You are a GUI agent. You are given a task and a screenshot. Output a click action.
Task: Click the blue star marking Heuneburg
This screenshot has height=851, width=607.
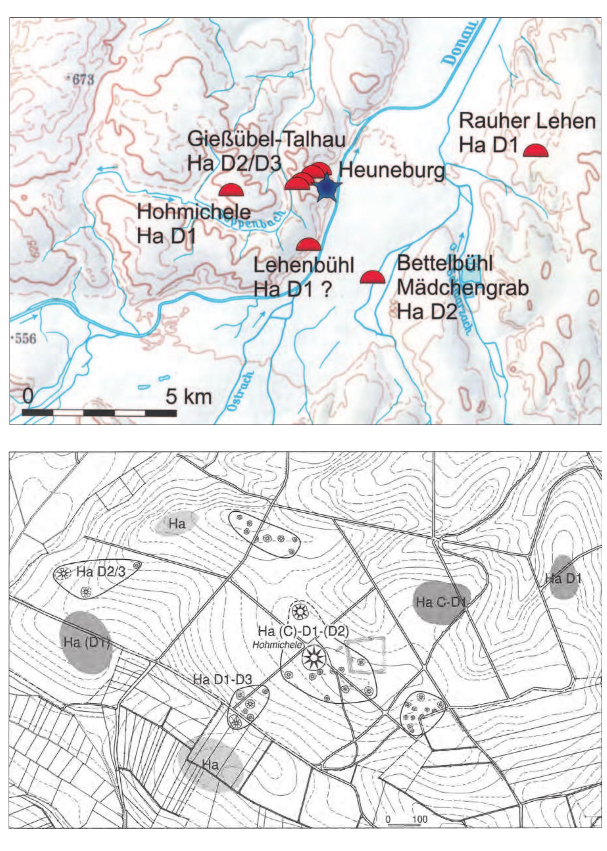click(325, 187)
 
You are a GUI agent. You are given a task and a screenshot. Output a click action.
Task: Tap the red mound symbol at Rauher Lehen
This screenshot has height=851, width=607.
click(535, 151)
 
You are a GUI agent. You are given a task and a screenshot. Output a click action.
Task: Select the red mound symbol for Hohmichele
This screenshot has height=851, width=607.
click(231, 191)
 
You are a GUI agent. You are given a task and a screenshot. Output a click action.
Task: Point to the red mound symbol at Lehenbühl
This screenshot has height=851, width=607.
click(308, 245)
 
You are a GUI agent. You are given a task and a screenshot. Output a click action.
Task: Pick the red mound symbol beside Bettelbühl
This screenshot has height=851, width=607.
click(372, 278)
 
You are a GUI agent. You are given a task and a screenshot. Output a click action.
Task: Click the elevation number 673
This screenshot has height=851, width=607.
click(80, 80)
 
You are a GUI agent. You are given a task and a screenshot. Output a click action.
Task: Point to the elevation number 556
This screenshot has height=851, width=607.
click(25, 339)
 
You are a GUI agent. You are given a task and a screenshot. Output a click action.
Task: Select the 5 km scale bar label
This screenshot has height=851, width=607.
click(189, 397)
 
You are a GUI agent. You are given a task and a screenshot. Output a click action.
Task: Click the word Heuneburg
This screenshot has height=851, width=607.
click(392, 172)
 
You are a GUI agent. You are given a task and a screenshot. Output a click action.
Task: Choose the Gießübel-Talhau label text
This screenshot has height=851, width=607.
click(267, 140)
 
